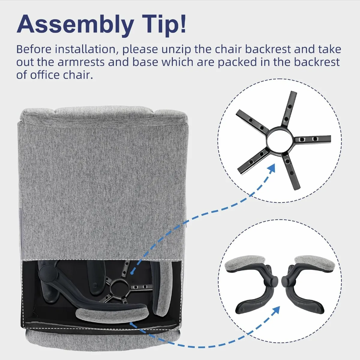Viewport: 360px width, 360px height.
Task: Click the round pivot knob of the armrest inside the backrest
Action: click(46, 272)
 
